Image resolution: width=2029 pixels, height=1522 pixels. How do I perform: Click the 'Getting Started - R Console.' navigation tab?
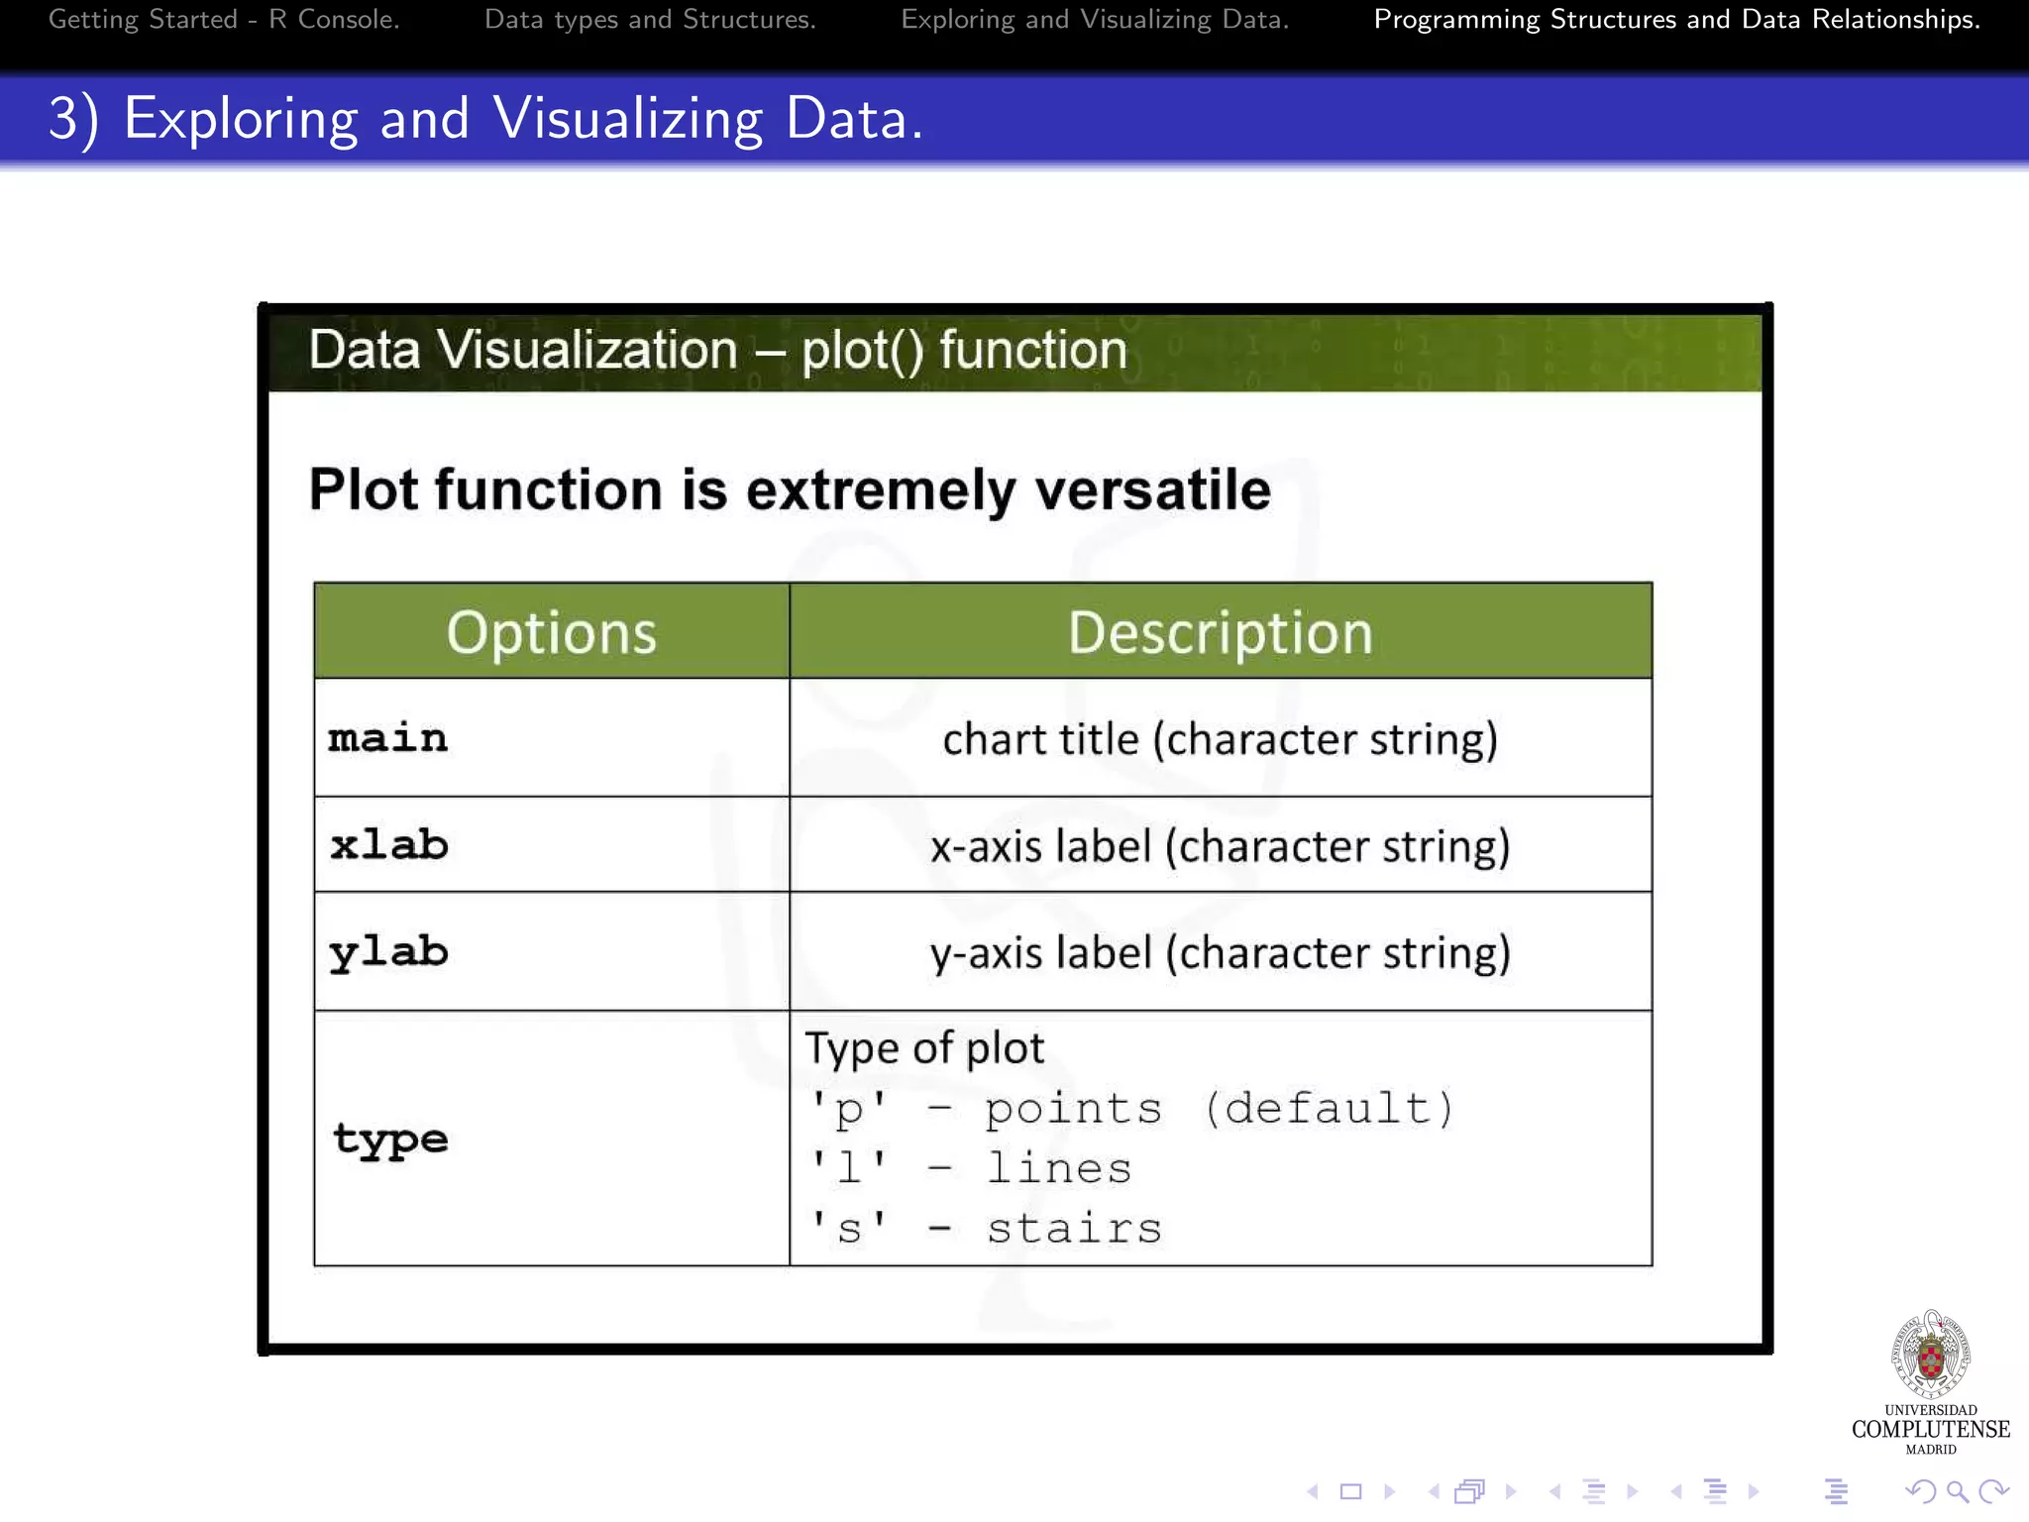[x=224, y=20]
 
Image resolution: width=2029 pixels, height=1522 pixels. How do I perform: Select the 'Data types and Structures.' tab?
[x=650, y=20]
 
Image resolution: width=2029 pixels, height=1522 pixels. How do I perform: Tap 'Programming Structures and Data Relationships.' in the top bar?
[x=1676, y=20]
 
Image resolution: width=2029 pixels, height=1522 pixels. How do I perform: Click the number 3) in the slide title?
[x=73, y=119]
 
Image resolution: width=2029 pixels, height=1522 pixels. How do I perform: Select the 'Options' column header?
[x=552, y=632]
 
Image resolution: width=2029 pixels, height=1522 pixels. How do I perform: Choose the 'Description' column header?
[x=1221, y=632]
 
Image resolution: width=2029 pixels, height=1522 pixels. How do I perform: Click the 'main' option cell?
[x=388, y=738]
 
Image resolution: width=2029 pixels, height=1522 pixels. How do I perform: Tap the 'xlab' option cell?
[x=389, y=845]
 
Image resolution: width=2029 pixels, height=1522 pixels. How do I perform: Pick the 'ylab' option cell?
[x=388, y=952]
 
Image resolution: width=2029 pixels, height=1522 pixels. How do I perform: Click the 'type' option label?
[x=390, y=1139]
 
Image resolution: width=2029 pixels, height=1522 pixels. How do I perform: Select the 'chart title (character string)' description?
[x=1221, y=739]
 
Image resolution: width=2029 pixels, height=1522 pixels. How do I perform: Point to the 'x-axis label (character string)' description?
[x=1221, y=846]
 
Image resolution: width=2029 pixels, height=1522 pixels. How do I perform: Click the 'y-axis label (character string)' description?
[x=1221, y=953]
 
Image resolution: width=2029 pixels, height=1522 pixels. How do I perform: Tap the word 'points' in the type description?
[x=1073, y=1109]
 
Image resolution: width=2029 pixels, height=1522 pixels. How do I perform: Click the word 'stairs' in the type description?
[x=1074, y=1229]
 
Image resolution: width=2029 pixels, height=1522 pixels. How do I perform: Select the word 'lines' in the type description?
[x=1058, y=1169]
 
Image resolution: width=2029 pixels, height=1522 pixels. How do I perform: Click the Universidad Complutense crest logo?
[x=1931, y=1356]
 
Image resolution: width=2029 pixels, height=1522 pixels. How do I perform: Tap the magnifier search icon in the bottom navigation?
[x=1957, y=1491]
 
